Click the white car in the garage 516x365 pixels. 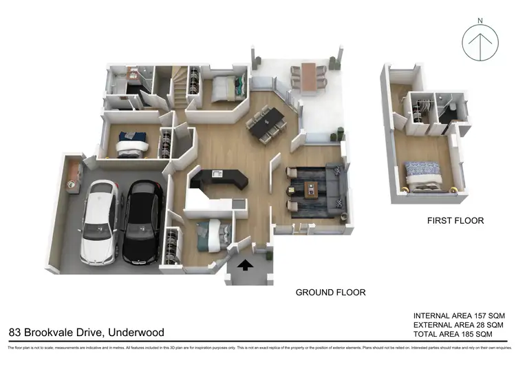click(99, 222)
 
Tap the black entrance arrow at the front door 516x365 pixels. click(245, 264)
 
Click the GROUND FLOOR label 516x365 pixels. click(330, 293)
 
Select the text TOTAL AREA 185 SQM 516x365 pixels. click(453, 334)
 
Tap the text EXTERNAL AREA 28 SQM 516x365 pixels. click(459, 324)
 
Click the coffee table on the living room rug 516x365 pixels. click(312, 189)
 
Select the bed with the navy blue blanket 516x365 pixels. click(131, 144)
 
